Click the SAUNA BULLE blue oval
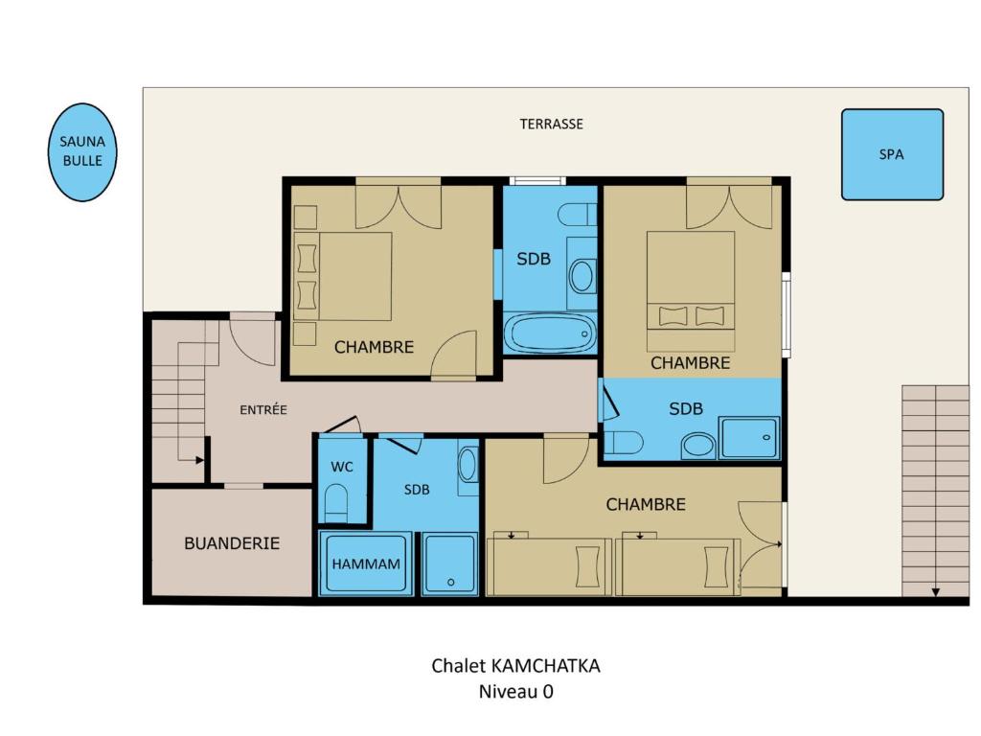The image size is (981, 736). [x=82, y=152]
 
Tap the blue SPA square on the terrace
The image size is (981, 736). [x=892, y=154]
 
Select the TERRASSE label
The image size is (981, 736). [x=551, y=124]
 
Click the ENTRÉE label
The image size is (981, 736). [x=263, y=410]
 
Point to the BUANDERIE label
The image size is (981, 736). [x=232, y=543]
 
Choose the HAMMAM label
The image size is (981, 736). [x=366, y=563]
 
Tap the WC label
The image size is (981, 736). [x=342, y=467]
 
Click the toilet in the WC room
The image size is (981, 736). [x=336, y=502]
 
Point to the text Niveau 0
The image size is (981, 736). [x=516, y=692]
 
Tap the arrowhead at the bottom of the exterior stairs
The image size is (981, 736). [x=935, y=592]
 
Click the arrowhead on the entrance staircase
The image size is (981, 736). [x=200, y=460]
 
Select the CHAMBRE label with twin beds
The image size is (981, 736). [x=646, y=504]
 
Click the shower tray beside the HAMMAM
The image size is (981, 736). [x=450, y=563]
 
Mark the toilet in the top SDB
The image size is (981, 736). [x=577, y=215]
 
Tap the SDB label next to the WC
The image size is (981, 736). [x=417, y=490]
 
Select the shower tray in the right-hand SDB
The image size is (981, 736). [x=749, y=438]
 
